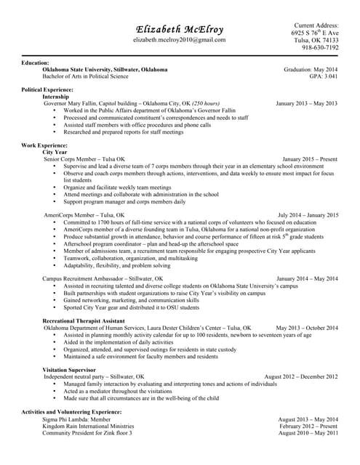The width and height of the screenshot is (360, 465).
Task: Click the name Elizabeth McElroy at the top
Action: (x=180, y=29)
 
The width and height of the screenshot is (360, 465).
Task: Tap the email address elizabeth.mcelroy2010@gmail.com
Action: (x=180, y=40)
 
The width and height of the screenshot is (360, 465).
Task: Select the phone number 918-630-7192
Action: (x=320, y=48)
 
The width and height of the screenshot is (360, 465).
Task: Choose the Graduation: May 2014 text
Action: (x=311, y=70)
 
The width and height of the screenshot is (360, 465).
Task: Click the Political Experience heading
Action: (x=52, y=89)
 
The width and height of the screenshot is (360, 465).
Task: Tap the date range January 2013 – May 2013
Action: (x=306, y=103)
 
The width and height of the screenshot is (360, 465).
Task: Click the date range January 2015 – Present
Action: (x=310, y=159)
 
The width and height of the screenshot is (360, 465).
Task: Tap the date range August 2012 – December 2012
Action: (x=300, y=377)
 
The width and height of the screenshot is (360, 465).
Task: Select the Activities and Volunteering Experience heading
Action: (x=71, y=412)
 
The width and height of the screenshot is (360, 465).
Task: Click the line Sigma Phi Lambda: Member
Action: (x=78, y=419)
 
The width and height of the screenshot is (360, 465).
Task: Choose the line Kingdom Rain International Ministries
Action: (x=88, y=426)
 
